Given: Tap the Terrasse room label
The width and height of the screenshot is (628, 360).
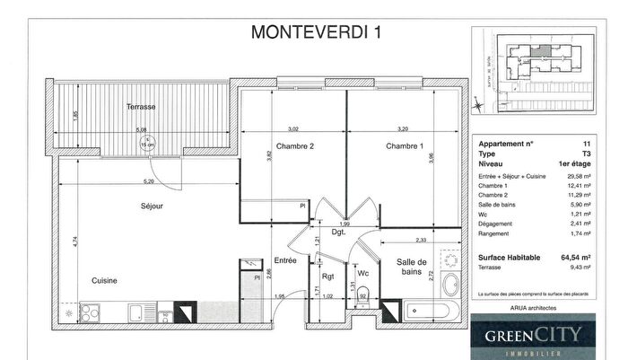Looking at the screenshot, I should [141, 107].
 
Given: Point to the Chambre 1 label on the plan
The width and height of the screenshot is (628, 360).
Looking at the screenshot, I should [404, 146].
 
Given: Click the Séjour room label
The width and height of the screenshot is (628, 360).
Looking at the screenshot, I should [152, 206].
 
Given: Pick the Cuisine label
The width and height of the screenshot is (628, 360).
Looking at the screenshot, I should [105, 281].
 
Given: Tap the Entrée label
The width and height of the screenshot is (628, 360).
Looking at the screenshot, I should [285, 260].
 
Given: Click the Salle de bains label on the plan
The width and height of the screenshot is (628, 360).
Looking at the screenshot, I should [413, 266].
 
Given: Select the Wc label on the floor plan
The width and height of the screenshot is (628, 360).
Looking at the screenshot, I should [363, 274].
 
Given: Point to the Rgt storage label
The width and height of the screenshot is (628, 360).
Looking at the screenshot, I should [327, 277].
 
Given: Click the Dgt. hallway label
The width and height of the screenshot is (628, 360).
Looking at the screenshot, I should [338, 233].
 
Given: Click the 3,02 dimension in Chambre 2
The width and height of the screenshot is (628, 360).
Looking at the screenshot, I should [292, 128].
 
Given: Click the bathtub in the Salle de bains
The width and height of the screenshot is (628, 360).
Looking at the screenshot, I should [428, 313].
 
